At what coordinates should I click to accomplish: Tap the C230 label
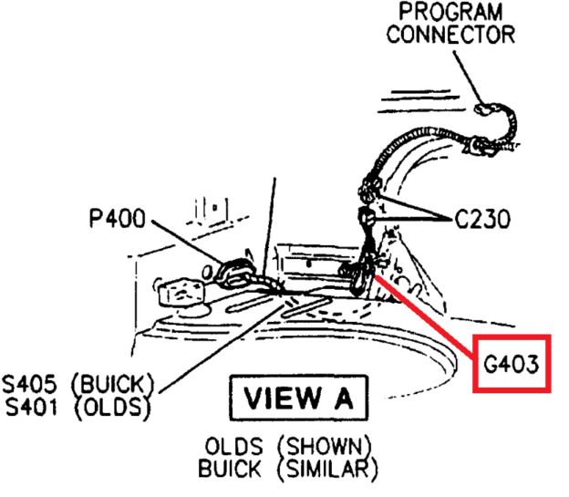point(482,220)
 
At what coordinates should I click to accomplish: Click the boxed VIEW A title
point(298,398)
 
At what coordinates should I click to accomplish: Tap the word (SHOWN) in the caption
point(326,447)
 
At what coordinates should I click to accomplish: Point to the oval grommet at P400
point(235,270)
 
